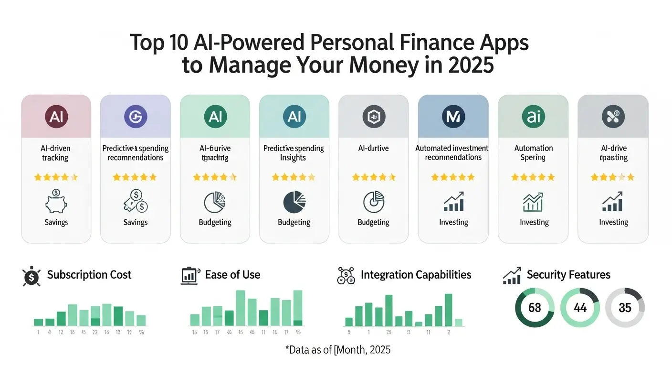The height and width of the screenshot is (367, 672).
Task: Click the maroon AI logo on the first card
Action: pos(56,117)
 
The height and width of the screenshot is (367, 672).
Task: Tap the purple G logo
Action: pos(136,117)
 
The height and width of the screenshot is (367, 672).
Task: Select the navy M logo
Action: pos(453,117)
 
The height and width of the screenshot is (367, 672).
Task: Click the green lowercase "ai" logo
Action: pos(533,117)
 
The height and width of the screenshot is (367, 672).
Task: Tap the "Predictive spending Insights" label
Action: pos(294,153)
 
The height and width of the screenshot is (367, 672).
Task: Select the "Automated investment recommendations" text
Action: pos(452,153)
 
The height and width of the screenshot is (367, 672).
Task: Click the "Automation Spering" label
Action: pos(534,153)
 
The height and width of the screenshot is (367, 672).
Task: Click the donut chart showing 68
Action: pos(535,307)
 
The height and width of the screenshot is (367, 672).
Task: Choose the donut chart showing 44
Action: pos(580,307)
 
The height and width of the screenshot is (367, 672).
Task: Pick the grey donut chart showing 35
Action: pos(625,307)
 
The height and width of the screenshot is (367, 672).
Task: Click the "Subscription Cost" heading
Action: pos(89,275)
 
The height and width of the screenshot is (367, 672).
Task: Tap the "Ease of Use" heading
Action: pos(232,275)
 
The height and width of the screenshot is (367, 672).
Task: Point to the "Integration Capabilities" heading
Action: pos(416,275)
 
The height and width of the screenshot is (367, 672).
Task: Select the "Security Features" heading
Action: pos(568,275)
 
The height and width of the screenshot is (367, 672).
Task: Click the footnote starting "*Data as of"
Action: pos(337,350)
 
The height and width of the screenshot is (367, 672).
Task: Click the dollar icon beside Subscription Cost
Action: pos(31,276)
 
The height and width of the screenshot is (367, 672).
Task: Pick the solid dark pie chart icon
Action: pos(294,202)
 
